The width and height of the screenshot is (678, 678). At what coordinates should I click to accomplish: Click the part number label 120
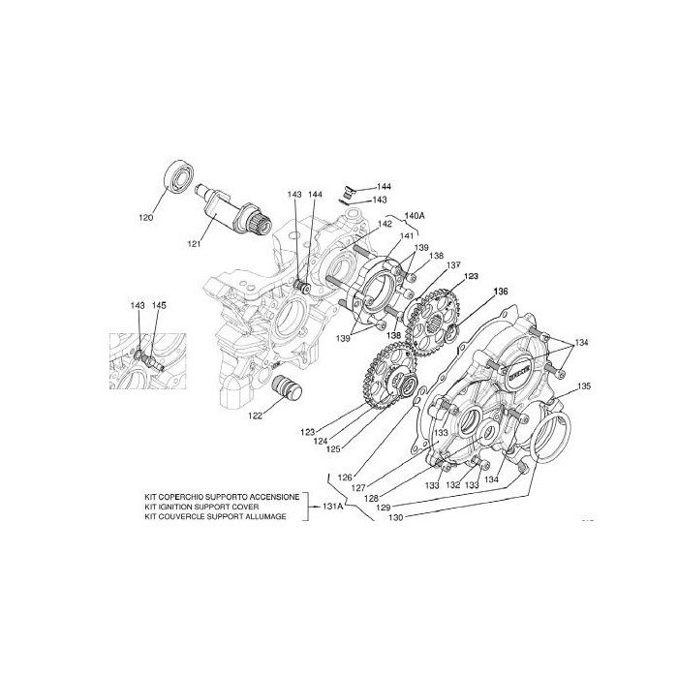[x=145, y=218]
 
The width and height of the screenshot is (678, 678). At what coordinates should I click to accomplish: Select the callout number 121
[x=194, y=243]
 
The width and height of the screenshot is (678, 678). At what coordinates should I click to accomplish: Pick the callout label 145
[x=159, y=306]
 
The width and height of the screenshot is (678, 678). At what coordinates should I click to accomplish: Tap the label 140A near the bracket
[x=415, y=215]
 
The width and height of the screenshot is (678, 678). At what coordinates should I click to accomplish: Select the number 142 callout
[x=385, y=224]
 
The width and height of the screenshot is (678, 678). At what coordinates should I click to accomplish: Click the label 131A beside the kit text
[x=330, y=505]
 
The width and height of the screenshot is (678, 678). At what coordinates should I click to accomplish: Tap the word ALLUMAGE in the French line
[x=268, y=516]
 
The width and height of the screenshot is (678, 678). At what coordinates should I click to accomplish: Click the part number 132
[x=451, y=483]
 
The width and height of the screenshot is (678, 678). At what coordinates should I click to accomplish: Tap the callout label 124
[x=321, y=442]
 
